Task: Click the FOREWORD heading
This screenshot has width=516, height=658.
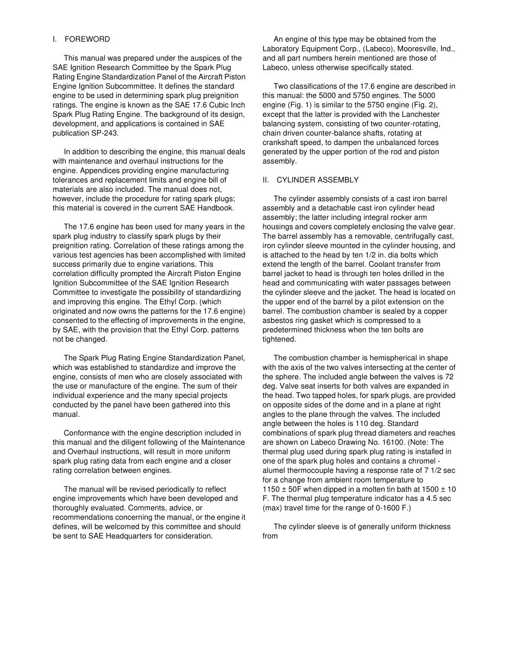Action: click(x=87, y=39)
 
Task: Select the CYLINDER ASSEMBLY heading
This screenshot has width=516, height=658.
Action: click(x=317, y=180)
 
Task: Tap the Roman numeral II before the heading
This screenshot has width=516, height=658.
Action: click(x=266, y=180)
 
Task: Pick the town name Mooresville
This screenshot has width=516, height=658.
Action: click(x=402, y=49)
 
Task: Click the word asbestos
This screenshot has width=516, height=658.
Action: click(x=278, y=321)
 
